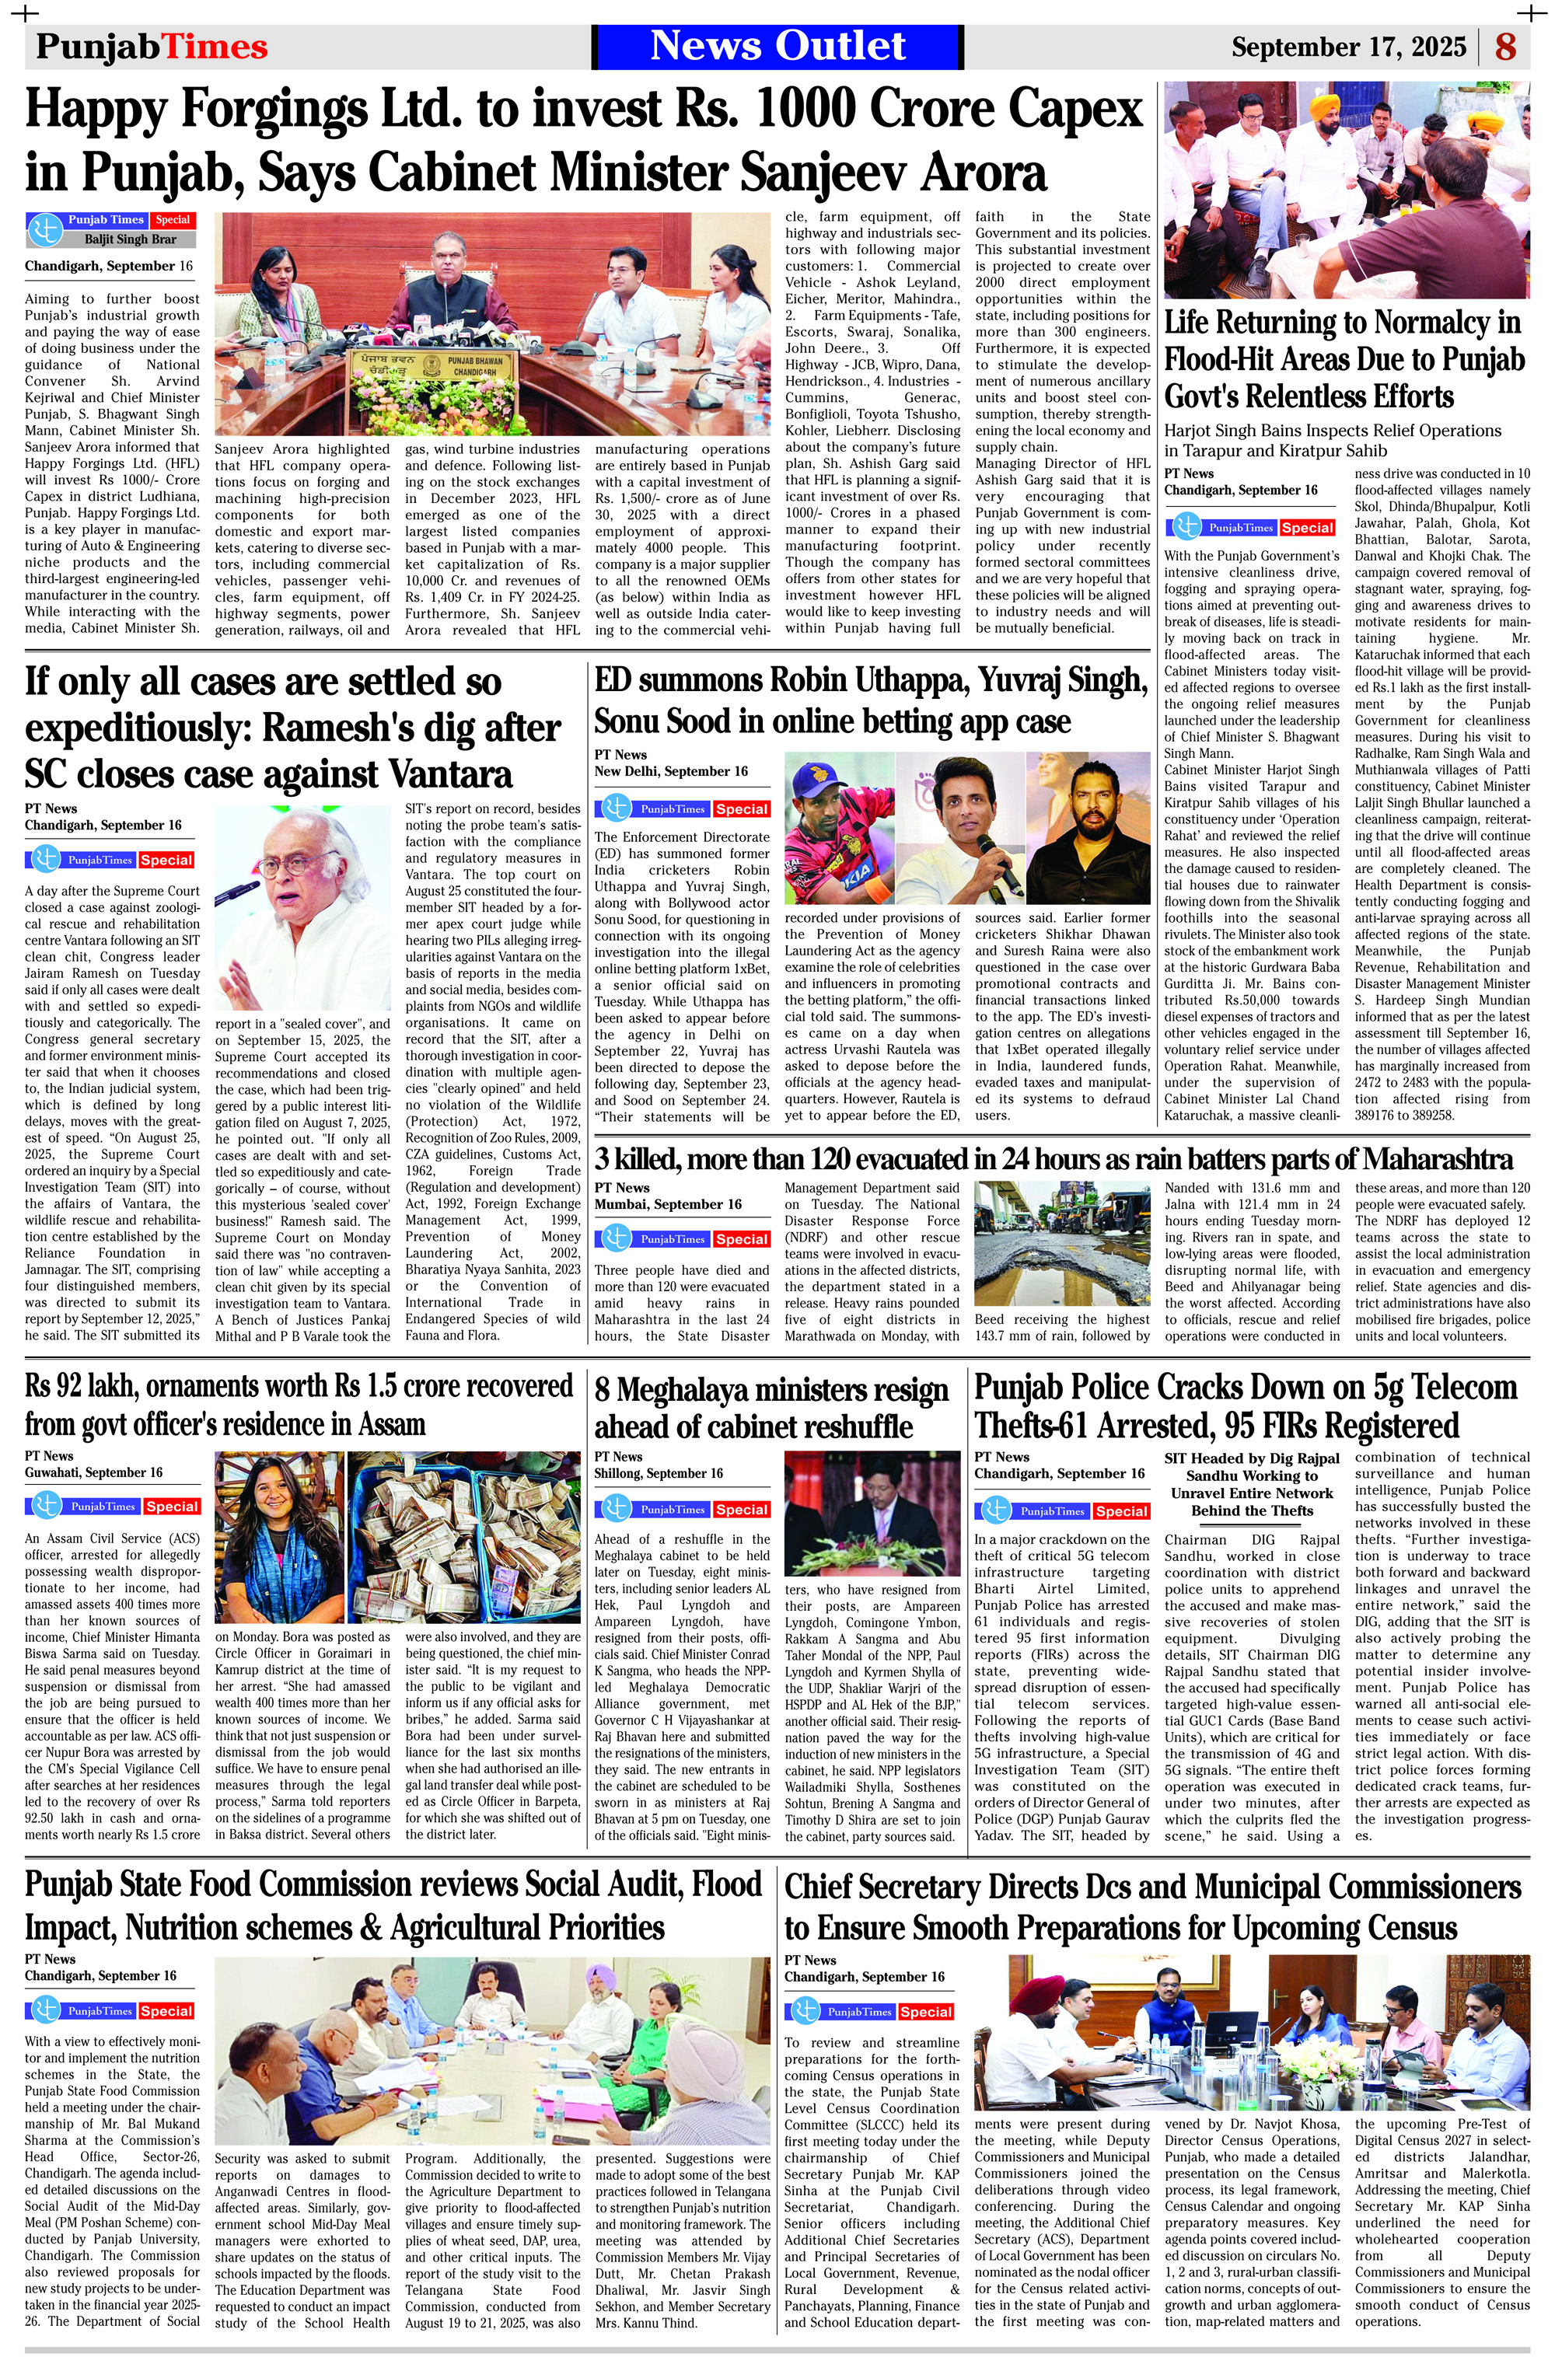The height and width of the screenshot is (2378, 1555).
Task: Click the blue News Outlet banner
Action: click(777, 46)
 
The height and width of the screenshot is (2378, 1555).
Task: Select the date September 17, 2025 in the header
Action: click(1348, 47)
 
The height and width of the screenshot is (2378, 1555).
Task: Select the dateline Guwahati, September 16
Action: click(93, 1473)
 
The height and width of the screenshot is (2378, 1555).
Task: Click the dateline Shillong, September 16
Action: click(659, 1474)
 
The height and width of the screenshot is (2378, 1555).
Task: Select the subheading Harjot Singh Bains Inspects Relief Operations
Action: click(1332, 441)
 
